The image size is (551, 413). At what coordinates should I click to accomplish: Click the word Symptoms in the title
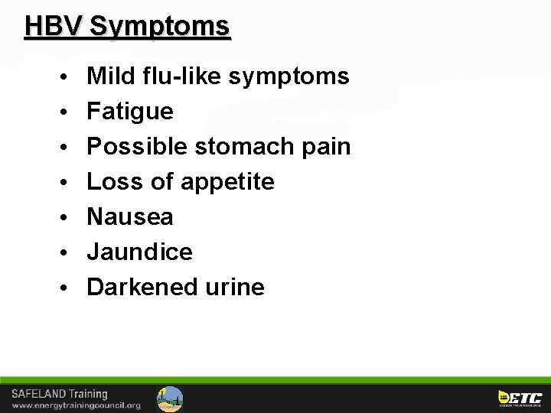click(159, 26)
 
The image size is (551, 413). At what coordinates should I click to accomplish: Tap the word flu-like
click(181, 76)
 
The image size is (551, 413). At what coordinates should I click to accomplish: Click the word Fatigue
click(130, 112)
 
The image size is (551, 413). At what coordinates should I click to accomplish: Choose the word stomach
click(240, 147)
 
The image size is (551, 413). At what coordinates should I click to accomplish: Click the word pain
click(324, 147)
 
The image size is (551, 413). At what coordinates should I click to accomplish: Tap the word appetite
click(227, 182)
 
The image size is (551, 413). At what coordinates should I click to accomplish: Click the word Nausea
click(130, 217)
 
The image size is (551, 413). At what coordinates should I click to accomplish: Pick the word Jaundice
click(139, 252)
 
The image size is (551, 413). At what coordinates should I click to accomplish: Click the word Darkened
click(142, 287)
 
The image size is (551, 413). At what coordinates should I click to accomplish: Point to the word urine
click(235, 288)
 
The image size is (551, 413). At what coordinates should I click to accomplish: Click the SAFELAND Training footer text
click(60, 394)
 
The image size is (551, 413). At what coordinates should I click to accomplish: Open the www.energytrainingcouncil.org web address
click(76, 405)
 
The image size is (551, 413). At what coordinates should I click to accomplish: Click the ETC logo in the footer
click(520, 398)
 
